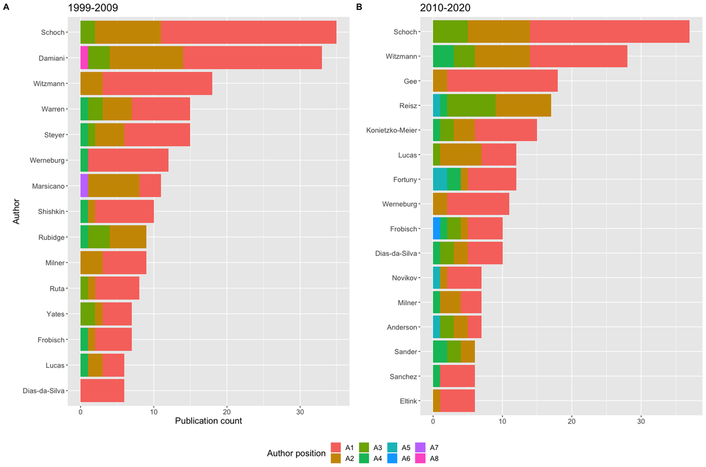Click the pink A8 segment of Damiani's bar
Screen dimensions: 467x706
84,58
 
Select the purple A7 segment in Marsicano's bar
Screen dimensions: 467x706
84,186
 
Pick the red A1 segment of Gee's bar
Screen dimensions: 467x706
502,80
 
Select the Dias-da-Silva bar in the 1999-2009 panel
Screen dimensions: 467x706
102,390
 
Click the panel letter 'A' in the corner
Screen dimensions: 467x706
5,6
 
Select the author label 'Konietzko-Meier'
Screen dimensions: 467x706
393,129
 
